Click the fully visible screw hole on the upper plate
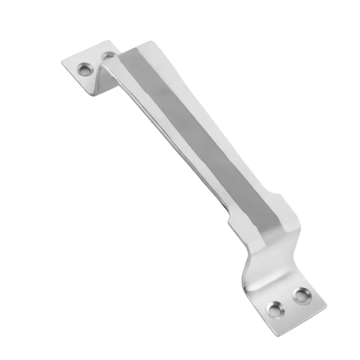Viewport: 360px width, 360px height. [85, 69]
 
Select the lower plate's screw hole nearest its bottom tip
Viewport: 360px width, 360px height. [275, 309]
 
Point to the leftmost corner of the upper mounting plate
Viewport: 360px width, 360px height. [62, 64]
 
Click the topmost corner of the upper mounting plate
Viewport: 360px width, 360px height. [107, 41]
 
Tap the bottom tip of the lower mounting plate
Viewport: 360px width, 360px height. [276, 336]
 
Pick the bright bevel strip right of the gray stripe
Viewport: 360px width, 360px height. [223, 144]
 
